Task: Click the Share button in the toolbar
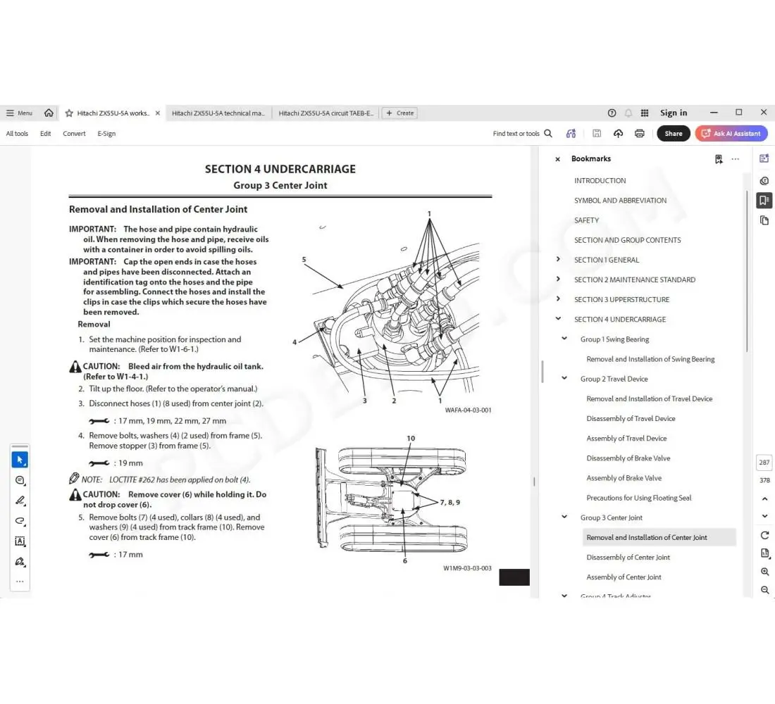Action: [673, 133]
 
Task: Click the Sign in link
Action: [674, 113]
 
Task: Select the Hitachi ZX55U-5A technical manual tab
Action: [218, 113]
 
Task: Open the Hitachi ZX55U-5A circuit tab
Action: [325, 113]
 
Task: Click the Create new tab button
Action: [399, 113]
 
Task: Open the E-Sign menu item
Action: [106, 133]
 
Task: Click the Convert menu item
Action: [74, 133]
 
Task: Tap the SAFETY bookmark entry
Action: [586, 220]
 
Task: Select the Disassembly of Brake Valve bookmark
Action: [628, 458]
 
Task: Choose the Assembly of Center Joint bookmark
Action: [624, 577]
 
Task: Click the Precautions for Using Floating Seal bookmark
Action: [638, 498]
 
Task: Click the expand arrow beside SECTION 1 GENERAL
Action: [558, 260]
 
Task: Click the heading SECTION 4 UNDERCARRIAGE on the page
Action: [280, 169]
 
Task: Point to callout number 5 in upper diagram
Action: [304, 259]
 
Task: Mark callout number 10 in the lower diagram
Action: [411, 438]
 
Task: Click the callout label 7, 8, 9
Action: [449, 503]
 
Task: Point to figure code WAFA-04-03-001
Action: [468, 410]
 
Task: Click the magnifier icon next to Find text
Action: [548, 133]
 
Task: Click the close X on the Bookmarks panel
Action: [557, 159]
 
